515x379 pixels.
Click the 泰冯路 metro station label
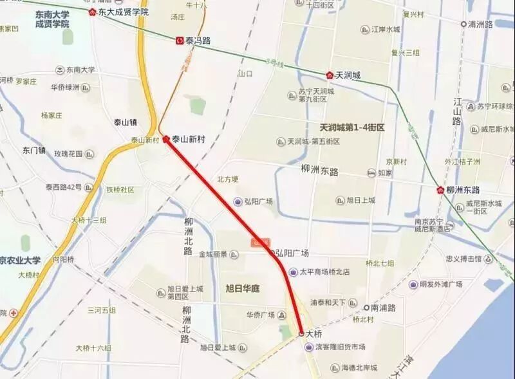click(198, 40)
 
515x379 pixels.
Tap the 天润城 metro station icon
click(330, 75)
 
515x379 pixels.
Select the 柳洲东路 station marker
click(440, 190)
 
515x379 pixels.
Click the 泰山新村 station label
click(188, 138)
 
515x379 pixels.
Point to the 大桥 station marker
click(301, 333)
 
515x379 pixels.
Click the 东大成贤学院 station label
click(122, 12)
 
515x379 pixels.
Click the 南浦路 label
click(383, 308)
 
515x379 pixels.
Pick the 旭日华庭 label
click(243, 288)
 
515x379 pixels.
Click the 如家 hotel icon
click(371, 173)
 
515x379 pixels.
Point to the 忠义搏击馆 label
click(464, 259)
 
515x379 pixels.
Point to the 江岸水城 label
click(386, 29)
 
